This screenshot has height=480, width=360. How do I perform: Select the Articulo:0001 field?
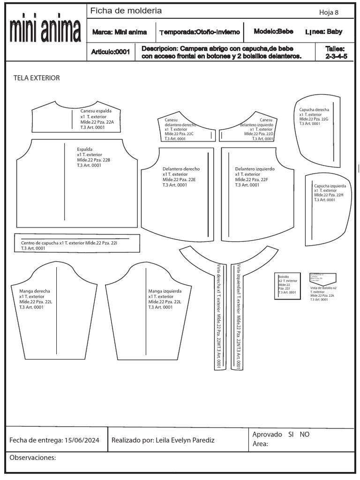point(110,52)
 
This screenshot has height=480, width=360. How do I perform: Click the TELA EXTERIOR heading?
point(37,78)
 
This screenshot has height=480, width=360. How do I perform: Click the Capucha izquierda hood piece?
point(328,202)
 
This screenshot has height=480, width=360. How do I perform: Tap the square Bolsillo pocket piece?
point(287,285)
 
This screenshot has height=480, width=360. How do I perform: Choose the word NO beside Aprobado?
point(305,435)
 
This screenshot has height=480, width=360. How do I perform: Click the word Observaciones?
point(33,457)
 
